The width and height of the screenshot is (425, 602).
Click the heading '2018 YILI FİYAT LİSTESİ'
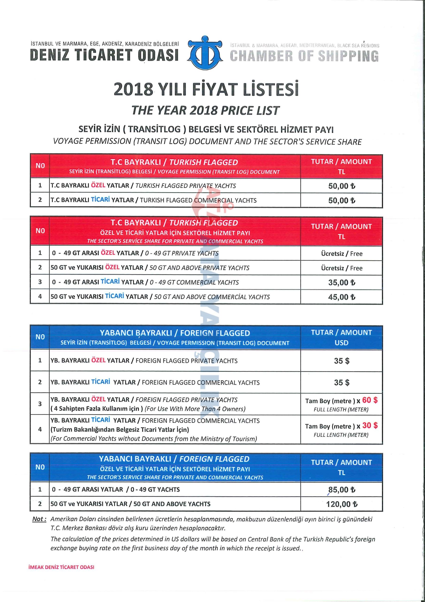(206, 89)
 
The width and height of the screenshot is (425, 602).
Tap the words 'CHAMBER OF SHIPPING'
(304, 55)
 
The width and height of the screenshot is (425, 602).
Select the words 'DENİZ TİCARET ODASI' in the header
(104, 55)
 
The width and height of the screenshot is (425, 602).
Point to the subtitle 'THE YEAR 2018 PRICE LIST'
(205, 110)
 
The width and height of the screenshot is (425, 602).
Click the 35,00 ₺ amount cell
(341, 282)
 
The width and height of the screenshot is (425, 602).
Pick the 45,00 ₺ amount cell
(341, 297)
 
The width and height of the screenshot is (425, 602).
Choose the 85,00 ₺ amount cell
(341, 490)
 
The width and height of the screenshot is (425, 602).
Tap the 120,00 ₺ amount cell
(341, 504)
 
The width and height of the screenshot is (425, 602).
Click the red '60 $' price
(370, 400)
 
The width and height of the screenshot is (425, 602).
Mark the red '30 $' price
(370, 425)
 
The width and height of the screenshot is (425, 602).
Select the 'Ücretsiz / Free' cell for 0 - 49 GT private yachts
(341, 253)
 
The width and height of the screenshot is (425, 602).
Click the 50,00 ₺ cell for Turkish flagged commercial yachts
(341, 200)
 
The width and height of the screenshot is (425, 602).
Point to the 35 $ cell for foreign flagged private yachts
(341, 361)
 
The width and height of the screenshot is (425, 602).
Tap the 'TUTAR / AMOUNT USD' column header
(341, 337)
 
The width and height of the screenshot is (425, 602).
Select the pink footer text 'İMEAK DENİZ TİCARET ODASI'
(62, 567)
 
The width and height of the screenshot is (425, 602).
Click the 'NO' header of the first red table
(40, 166)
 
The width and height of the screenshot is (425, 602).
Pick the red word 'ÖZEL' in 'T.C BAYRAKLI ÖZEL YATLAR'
(98, 185)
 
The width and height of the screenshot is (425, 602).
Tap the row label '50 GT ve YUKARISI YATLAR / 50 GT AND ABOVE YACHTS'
(130, 504)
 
